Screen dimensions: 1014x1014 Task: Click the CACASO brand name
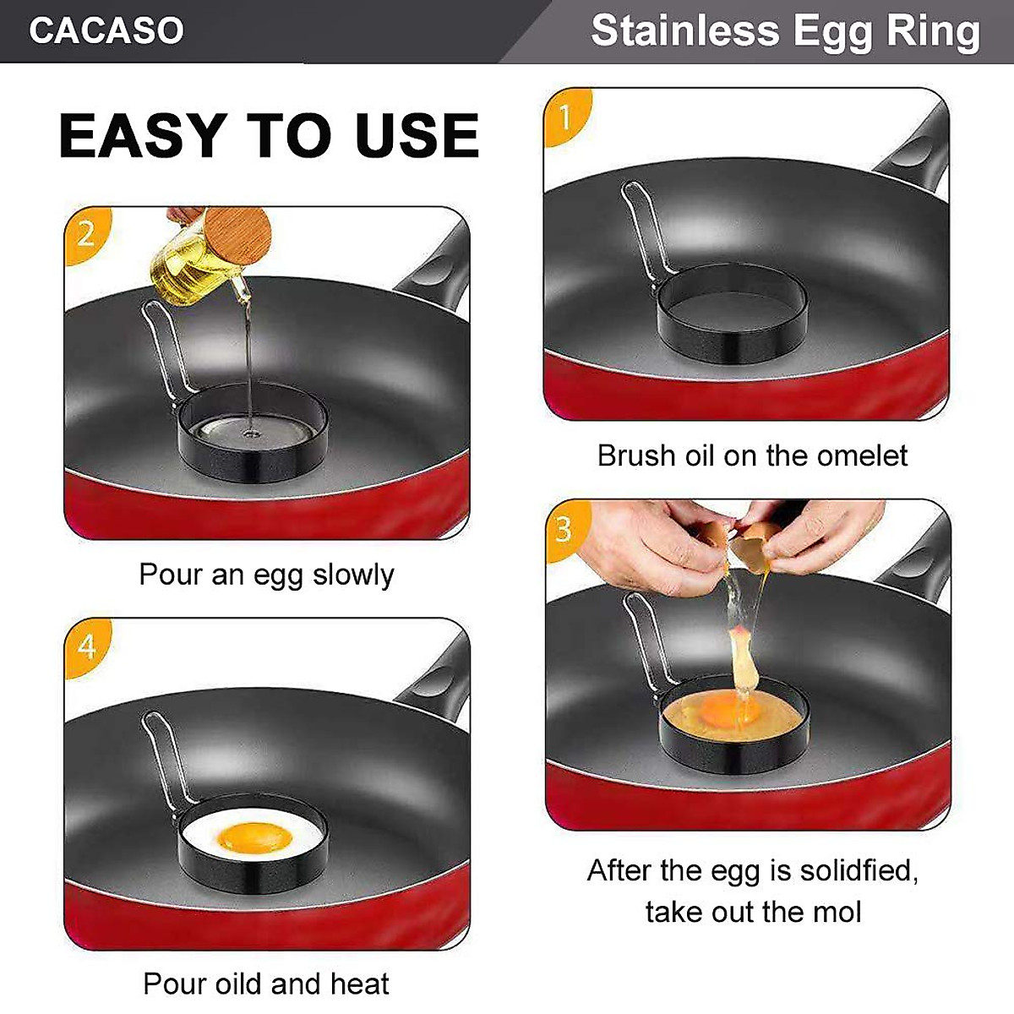click(x=106, y=31)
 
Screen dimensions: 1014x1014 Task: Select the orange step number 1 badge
click(x=565, y=117)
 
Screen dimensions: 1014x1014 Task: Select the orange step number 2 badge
click(x=86, y=233)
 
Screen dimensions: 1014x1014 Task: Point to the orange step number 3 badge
click(x=564, y=530)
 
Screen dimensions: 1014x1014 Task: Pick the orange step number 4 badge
click(x=87, y=646)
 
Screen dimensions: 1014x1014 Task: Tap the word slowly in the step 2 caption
click(x=353, y=575)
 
